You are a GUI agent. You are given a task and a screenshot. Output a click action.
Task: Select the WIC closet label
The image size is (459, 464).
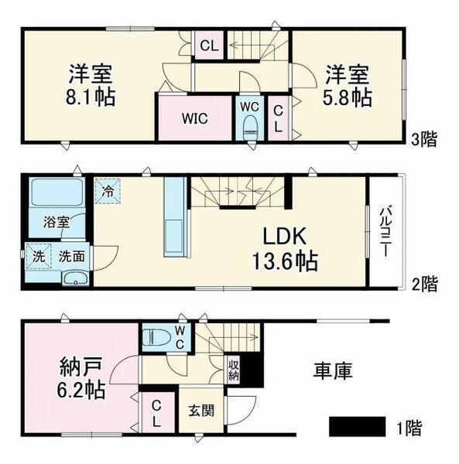click(194, 119)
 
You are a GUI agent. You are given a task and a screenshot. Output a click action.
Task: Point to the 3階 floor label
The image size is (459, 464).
click(423, 140)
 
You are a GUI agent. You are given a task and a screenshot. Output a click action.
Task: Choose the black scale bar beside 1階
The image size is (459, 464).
click(357, 425)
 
